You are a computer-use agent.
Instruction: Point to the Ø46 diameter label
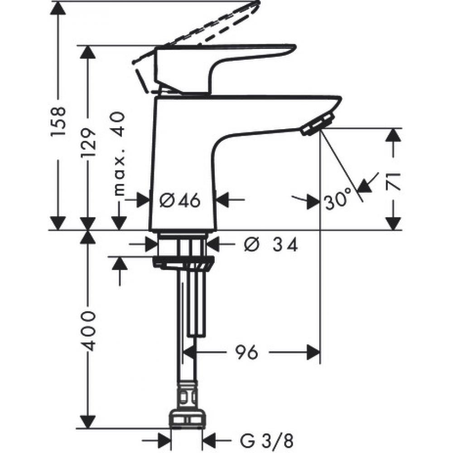point(180,200)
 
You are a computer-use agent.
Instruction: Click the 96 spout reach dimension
point(246,351)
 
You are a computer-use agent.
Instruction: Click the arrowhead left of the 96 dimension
point(190,351)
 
